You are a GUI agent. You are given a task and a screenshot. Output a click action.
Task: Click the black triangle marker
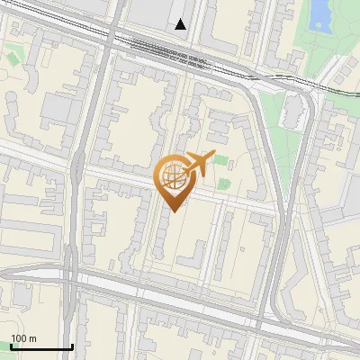pyautogui.click(x=182, y=24)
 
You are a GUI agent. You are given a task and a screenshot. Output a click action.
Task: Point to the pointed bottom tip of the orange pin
pyautogui.click(x=171, y=211)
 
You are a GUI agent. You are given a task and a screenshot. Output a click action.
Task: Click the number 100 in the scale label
pyautogui.click(x=18, y=338)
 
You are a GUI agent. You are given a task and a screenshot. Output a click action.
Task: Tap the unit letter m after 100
pyautogui.click(x=32, y=338)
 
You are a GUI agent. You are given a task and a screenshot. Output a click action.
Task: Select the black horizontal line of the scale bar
pyautogui.click(x=40, y=347)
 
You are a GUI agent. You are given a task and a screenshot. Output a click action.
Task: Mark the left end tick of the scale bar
pyautogui.click(x=10, y=346)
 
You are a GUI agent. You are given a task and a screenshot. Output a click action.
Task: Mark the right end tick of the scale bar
pyautogui.click(x=72, y=346)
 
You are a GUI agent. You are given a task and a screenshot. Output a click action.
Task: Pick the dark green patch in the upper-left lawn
pyautogui.click(x=14, y=58)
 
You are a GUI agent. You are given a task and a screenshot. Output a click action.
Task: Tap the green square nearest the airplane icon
pyautogui.click(x=221, y=161)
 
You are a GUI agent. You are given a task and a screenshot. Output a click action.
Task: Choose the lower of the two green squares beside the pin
pyautogui.click(x=222, y=183)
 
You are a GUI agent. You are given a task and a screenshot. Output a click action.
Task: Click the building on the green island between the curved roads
pyautogui.click(x=292, y=112)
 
